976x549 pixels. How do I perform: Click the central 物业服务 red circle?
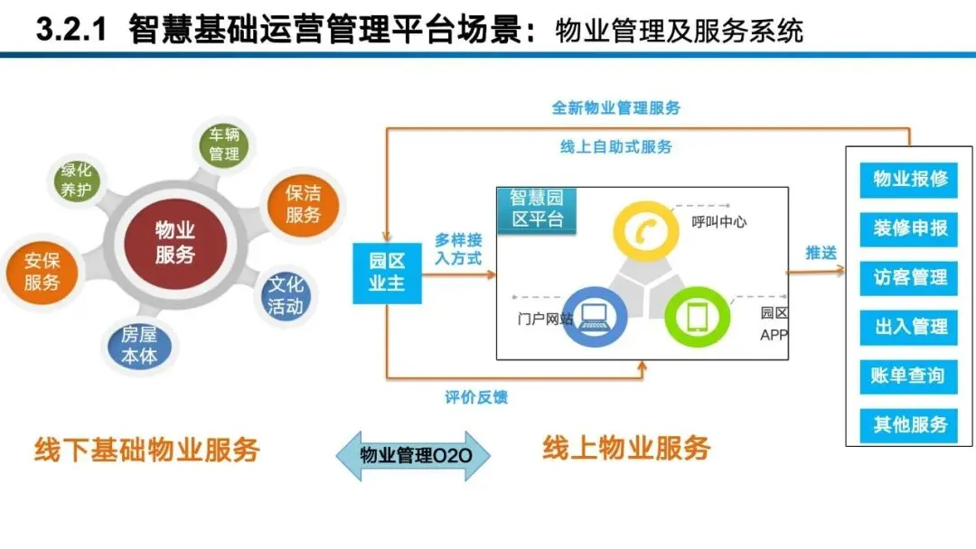click(x=175, y=243)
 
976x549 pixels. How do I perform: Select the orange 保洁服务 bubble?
click(x=303, y=204)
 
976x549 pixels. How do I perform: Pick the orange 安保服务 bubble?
click(x=42, y=272)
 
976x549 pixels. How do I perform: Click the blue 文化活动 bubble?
click(x=286, y=295)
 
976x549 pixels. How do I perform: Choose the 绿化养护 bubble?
click(x=76, y=181)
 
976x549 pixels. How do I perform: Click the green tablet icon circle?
click(x=698, y=316)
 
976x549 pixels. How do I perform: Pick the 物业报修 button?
click(x=909, y=179)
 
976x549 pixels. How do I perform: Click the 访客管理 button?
click(x=909, y=277)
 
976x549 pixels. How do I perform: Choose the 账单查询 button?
click(x=909, y=375)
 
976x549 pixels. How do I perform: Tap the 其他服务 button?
click(x=909, y=423)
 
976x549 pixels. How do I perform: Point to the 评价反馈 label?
click(x=476, y=397)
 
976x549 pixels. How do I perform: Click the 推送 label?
click(x=821, y=253)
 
